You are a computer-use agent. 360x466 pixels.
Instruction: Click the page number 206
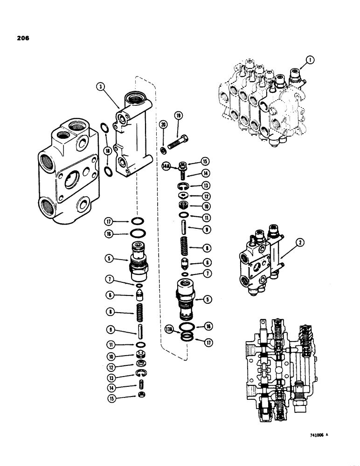[x=21, y=39]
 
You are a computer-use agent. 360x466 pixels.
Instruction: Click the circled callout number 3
[x=101, y=86]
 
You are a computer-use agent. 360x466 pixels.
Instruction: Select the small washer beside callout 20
[x=163, y=150]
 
